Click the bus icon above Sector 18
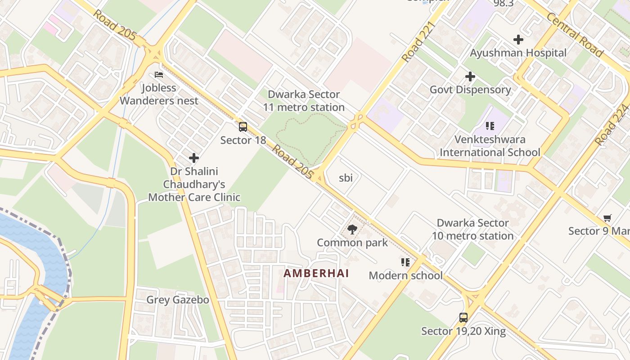(x=243, y=127)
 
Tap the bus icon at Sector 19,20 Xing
(x=463, y=318)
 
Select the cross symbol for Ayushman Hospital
(x=518, y=40)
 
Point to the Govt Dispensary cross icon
(x=470, y=76)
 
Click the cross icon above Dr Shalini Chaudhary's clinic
(x=194, y=158)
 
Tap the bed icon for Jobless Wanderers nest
(x=158, y=75)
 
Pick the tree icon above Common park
(x=352, y=229)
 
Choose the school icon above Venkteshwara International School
(x=490, y=126)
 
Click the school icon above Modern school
(x=405, y=262)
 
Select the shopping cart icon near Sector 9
(x=607, y=218)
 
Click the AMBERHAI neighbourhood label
(x=316, y=273)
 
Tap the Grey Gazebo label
(x=178, y=300)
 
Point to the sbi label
(x=346, y=178)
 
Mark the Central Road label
(x=575, y=35)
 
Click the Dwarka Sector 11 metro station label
(x=304, y=101)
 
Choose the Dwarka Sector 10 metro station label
(x=473, y=229)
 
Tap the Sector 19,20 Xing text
(x=463, y=332)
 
